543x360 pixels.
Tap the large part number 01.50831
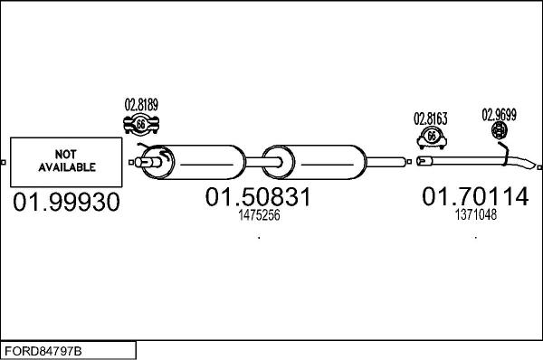[x=258, y=197]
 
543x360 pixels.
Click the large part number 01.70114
[x=475, y=196]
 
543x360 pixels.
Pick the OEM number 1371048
[x=475, y=215]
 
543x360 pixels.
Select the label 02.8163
[x=432, y=118]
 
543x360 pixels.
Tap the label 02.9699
[x=499, y=115]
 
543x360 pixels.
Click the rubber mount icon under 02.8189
[x=141, y=124]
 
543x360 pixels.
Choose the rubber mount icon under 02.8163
[x=432, y=137]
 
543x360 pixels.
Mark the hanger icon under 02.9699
[x=500, y=133]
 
